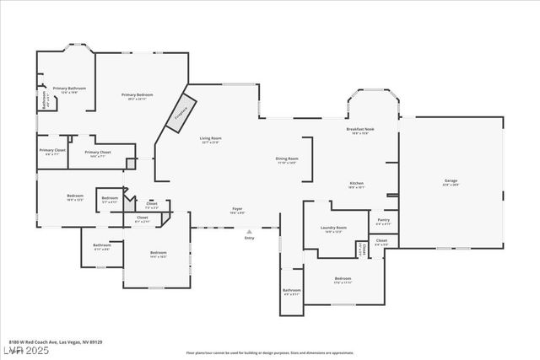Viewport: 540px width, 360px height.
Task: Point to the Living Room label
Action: (210, 140)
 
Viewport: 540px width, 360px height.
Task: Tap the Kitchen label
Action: (357, 185)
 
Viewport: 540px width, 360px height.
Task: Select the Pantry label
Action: (383, 222)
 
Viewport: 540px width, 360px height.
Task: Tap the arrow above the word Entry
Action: (249, 231)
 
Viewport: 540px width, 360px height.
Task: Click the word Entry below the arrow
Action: (249, 239)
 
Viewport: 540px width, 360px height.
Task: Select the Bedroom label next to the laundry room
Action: (342, 280)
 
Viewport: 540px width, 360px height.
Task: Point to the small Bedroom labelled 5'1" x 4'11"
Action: (110, 200)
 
